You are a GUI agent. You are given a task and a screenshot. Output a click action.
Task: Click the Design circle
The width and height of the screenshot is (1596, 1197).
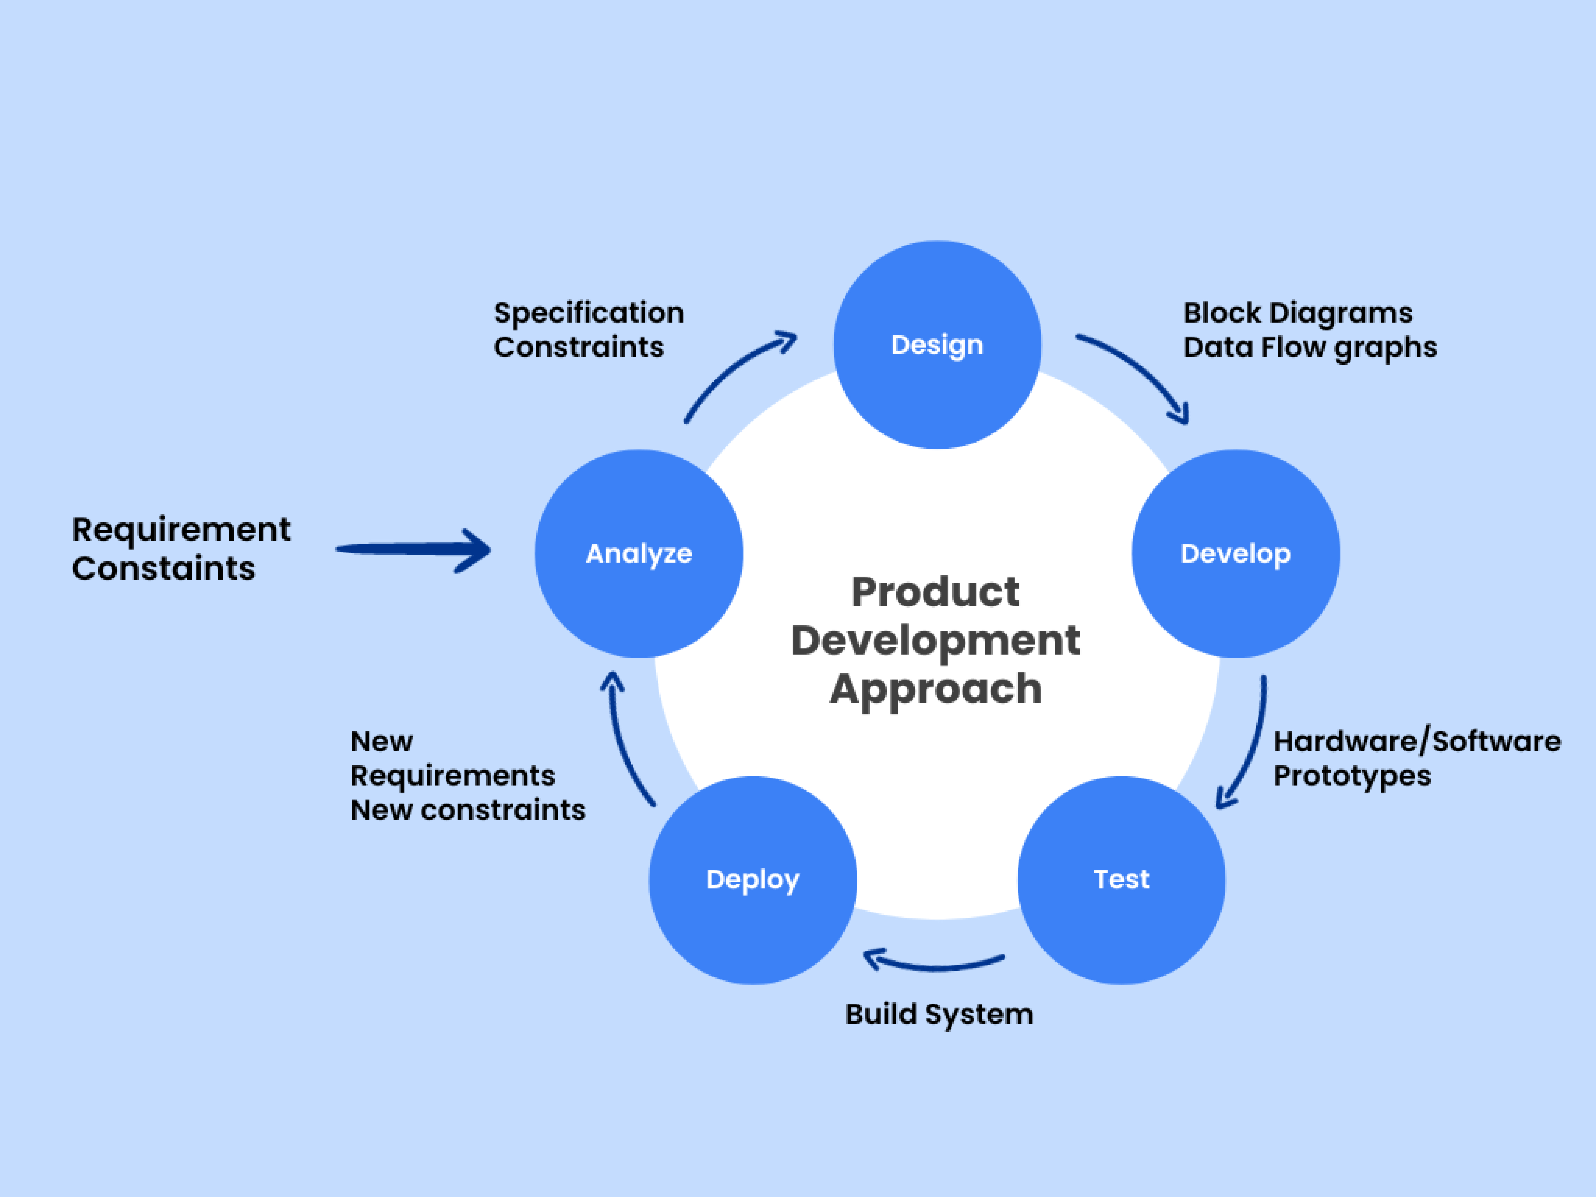(937, 345)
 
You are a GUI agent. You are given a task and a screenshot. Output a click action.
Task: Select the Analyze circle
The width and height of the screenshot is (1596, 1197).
(639, 553)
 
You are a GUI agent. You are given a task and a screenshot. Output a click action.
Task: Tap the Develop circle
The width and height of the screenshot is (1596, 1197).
(1235, 553)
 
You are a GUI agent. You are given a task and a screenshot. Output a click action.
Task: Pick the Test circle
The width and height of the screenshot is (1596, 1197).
(1121, 879)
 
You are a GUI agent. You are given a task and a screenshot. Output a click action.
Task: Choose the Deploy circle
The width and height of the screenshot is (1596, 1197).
(752, 879)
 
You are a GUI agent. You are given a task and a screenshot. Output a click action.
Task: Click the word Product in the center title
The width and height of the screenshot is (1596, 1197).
(936, 592)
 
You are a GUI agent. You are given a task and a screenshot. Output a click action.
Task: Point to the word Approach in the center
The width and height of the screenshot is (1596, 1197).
(936, 689)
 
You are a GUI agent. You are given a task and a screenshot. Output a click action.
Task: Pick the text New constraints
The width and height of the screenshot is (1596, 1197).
(468, 810)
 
